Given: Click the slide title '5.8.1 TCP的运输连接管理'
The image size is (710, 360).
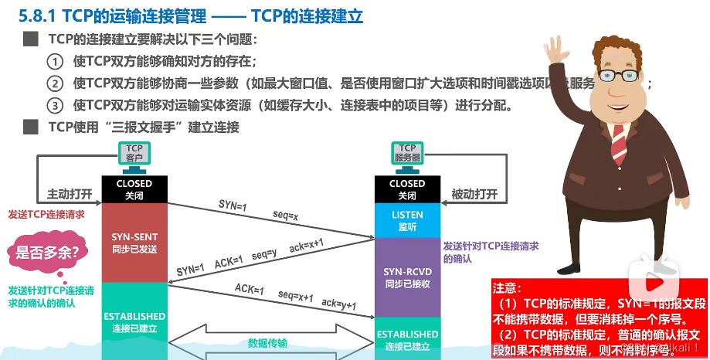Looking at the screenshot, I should [112, 15].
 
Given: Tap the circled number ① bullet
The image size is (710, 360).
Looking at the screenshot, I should [54, 62].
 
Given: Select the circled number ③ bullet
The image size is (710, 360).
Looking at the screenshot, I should [54, 105].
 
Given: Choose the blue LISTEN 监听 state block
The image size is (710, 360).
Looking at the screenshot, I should [407, 221].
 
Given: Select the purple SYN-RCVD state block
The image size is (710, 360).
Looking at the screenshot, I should [407, 277].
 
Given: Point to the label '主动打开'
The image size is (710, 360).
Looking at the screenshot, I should [70, 193].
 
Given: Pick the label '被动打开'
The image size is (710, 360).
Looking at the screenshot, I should [473, 193].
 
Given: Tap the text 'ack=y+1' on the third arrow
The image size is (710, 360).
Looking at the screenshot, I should [339, 304].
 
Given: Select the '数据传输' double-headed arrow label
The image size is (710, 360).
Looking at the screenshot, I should [268, 343].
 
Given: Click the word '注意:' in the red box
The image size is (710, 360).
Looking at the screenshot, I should [510, 287].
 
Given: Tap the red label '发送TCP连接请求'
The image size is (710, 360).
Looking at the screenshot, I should [46, 215].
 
